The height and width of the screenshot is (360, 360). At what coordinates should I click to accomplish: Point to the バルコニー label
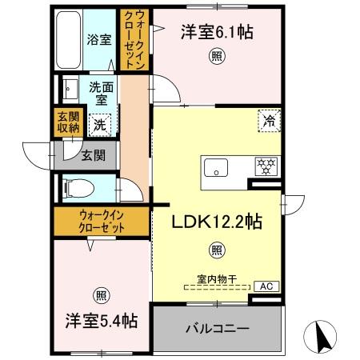(218, 328)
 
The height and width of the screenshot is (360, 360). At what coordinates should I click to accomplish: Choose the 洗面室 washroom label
(100, 94)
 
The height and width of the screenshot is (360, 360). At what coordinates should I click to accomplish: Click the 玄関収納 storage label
(68, 122)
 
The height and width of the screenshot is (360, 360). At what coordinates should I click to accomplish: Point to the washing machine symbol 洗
(100, 124)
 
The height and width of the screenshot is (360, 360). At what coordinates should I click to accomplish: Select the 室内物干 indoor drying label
(217, 278)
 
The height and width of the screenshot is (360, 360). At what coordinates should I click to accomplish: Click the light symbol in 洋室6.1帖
(216, 55)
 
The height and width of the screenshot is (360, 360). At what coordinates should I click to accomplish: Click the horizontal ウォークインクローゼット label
(101, 221)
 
